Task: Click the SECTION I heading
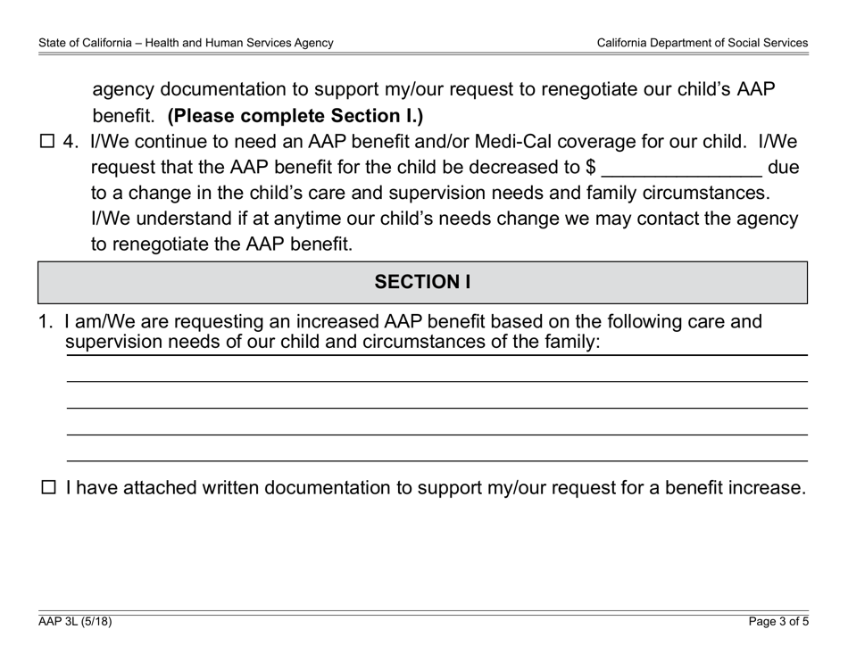tap(422, 282)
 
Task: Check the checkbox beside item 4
tap(48, 142)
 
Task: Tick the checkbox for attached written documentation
tap(49, 487)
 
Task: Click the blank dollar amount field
tap(682, 168)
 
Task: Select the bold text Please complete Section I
tap(295, 116)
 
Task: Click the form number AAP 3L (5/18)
tap(75, 623)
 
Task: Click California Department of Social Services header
tap(702, 42)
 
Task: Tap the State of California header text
tap(186, 42)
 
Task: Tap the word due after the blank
tap(783, 168)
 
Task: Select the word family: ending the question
tap(568, 342)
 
